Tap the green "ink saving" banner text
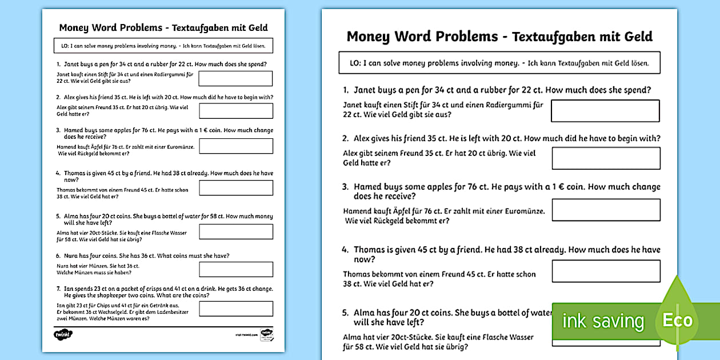(x=603, y=321)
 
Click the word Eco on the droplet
(x=677, y=320)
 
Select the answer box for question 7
(x=235, y=309)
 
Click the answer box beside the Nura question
(x=235, y=269)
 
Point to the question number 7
(x=58, y=289)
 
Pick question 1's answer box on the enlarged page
(x=605, y=111)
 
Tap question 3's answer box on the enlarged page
(x=606, y=210)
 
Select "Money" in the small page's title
(x=73, y=27)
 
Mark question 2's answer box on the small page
(x=235, y=111)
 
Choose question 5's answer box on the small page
(x=235, y=231)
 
